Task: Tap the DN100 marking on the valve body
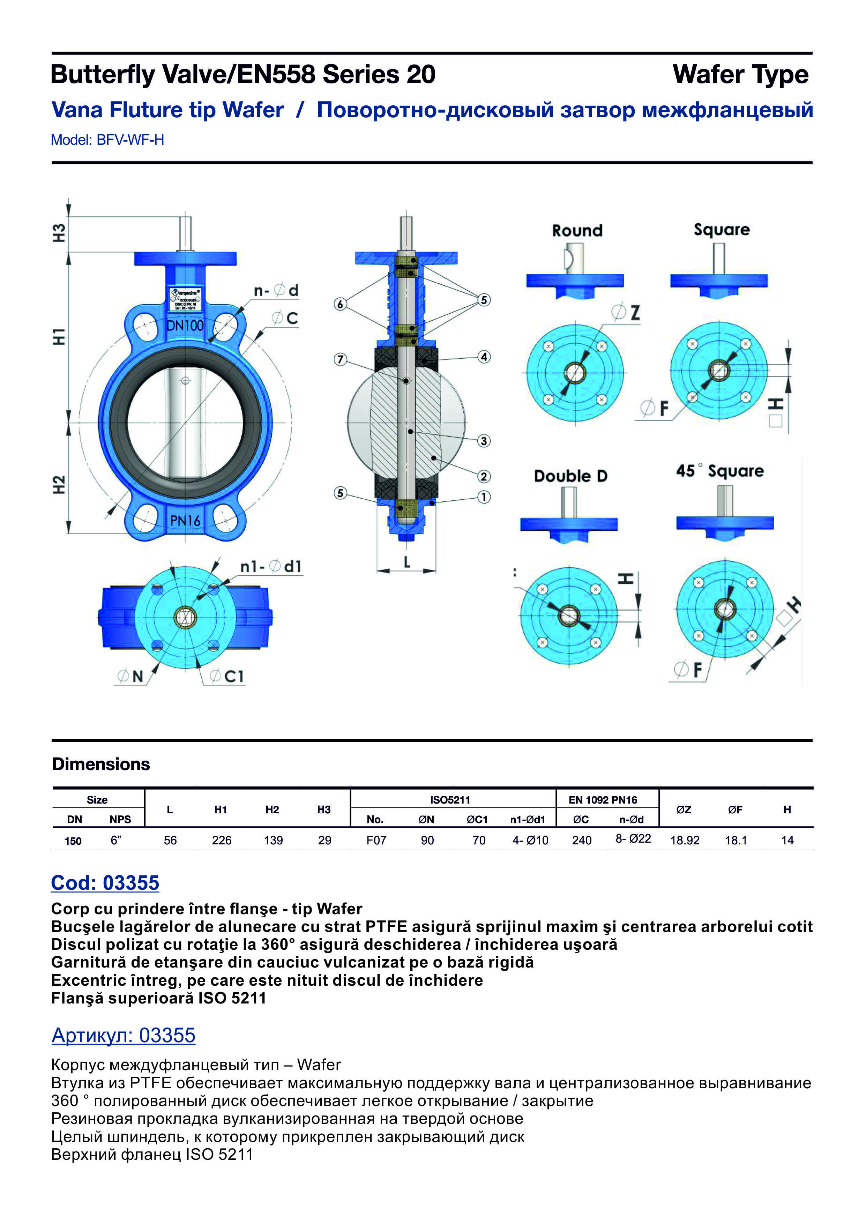(185, 325)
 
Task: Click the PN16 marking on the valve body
(185, 520)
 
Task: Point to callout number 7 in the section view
(340, 359)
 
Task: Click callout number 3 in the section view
(484, 441)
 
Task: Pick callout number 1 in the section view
(484, 497)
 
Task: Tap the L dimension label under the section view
(407, 562)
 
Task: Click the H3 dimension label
(59, 233)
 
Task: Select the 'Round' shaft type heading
(577, 231)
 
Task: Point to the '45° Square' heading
(719, 471)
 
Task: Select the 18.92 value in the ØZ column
(685, 841)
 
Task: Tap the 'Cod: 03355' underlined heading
(105, 883)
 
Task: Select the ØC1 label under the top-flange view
(227, 677)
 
